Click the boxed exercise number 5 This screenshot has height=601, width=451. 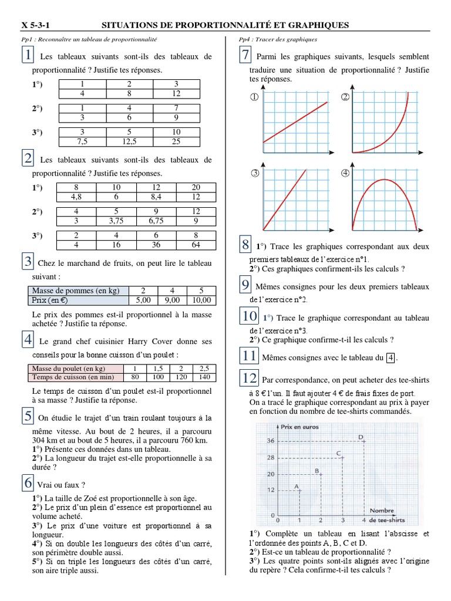point(28,417)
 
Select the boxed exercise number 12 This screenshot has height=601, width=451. point(249,377)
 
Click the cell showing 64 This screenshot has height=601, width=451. point(196,245)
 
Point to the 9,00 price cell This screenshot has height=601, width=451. point(168,300)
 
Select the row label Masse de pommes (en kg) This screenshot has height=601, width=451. point(73,291)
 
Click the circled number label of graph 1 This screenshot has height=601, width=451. point(255,98)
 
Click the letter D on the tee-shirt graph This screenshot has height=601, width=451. point(361,436)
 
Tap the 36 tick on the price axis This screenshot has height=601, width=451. point(271,440)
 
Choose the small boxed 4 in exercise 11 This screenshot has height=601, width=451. point(392,357)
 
